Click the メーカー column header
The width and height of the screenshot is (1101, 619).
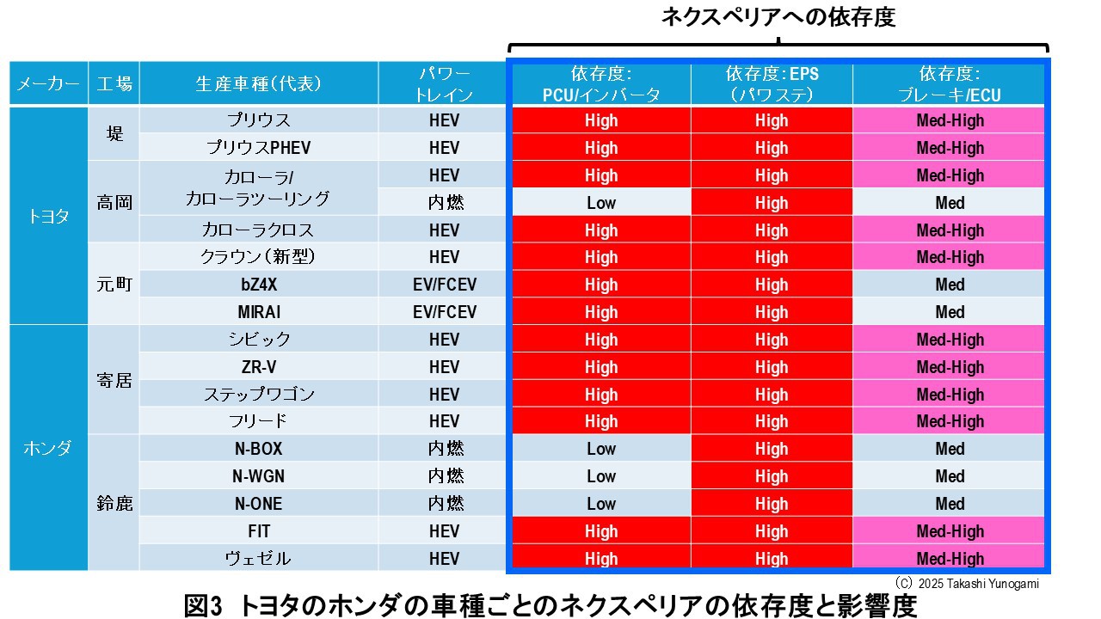[x=48, y=83]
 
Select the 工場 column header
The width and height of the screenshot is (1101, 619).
[x=114, y=83]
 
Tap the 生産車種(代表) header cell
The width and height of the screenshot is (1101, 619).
[x=258, y=83]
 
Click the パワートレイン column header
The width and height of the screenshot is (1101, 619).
[x=444, y=83]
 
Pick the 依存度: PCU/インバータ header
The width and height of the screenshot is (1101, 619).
[x=601, y=84]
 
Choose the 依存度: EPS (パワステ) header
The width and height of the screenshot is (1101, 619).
[x=772, y=84]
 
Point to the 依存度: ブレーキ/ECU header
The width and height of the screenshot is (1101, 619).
[x=950, y=84]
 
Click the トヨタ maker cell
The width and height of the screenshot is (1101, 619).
[x=48, y=215]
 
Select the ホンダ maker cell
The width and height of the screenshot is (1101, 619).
[x=48, y=448]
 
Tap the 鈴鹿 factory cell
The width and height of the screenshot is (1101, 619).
[x=114, y=503]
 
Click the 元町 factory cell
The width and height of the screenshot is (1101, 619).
[x=114, y=285]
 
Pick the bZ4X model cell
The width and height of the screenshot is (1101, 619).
[x=258, y=285]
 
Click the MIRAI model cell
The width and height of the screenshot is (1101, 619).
[x=258, y=311]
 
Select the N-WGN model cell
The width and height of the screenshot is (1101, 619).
[x=258, y=476]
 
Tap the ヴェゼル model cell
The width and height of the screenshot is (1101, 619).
[x=258, y=558]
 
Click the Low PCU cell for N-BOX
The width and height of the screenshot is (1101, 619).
[x=601, y=449]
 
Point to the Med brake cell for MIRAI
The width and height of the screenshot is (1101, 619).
[x=950, y=311]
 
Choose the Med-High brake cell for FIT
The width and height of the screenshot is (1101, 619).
[x=950, y=531]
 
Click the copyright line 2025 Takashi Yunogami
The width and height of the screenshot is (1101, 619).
[x=967, y=584]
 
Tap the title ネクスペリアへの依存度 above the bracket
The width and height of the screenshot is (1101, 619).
[x=778, y=18]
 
